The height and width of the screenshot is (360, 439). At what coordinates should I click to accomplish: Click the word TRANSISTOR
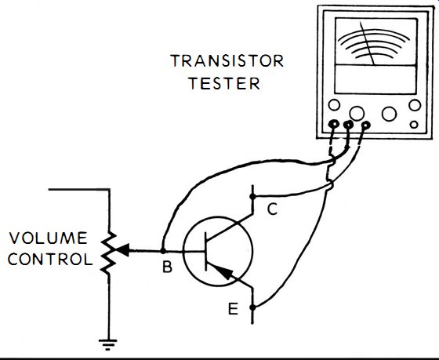click(227, 61)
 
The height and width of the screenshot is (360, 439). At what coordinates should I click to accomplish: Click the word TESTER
click(224, 83)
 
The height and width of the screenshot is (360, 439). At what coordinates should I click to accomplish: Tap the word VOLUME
click(48, 238)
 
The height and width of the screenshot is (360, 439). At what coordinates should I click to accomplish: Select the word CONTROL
click(50, 259)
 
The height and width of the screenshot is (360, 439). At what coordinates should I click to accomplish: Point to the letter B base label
click(167, 267)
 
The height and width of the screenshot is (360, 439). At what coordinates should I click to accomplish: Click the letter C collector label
click(272, 209)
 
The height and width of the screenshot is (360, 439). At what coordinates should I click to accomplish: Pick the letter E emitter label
click(233, 309)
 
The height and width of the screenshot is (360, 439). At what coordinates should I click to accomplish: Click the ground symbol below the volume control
click(108, 344)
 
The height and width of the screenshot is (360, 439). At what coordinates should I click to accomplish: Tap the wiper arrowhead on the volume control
click(122, 249)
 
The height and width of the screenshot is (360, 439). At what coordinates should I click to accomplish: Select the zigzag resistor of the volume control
click(109, 252)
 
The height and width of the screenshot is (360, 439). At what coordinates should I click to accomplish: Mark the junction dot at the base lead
click(163, 251)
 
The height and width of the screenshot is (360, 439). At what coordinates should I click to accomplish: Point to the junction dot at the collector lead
click(252, 197)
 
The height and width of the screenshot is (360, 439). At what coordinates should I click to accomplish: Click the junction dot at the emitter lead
click(252, 307)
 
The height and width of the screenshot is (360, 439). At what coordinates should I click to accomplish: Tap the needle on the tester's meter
click(368, 43)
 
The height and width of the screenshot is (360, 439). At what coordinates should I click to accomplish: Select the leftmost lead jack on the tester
click(334, 124)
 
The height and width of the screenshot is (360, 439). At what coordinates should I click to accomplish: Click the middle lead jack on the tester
click(348, 125)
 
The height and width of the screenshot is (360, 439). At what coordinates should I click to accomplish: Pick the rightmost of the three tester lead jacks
click(365, 125)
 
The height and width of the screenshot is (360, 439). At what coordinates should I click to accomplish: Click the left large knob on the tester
click(357, 113)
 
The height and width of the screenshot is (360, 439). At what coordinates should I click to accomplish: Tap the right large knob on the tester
click(389, 114)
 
